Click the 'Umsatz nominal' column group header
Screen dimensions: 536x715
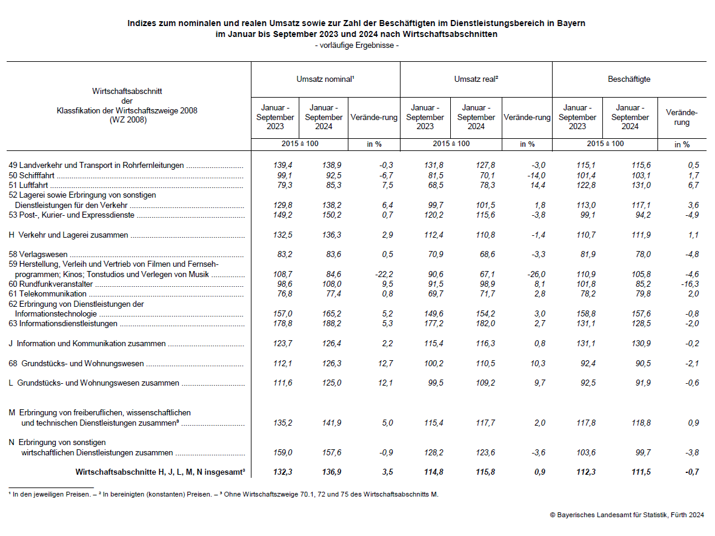[x=325, y=79]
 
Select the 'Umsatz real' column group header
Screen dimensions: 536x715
[x=476, y=79]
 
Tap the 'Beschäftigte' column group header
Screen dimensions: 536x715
[x=629, y=79]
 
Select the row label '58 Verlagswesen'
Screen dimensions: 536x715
[x=38, y=255]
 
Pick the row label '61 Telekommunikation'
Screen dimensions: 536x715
[x=48, y=294]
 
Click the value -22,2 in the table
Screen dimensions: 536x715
[x=383, y=275]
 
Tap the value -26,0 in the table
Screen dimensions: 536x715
[x=535, y=275]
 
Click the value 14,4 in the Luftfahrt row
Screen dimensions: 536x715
[x=537, y=185]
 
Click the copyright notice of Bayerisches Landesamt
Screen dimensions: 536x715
[x=627, y=515]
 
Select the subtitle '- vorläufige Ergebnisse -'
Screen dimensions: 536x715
[x=356, y=45]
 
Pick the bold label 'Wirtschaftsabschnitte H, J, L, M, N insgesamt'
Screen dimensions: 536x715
[x=159, y=472]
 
